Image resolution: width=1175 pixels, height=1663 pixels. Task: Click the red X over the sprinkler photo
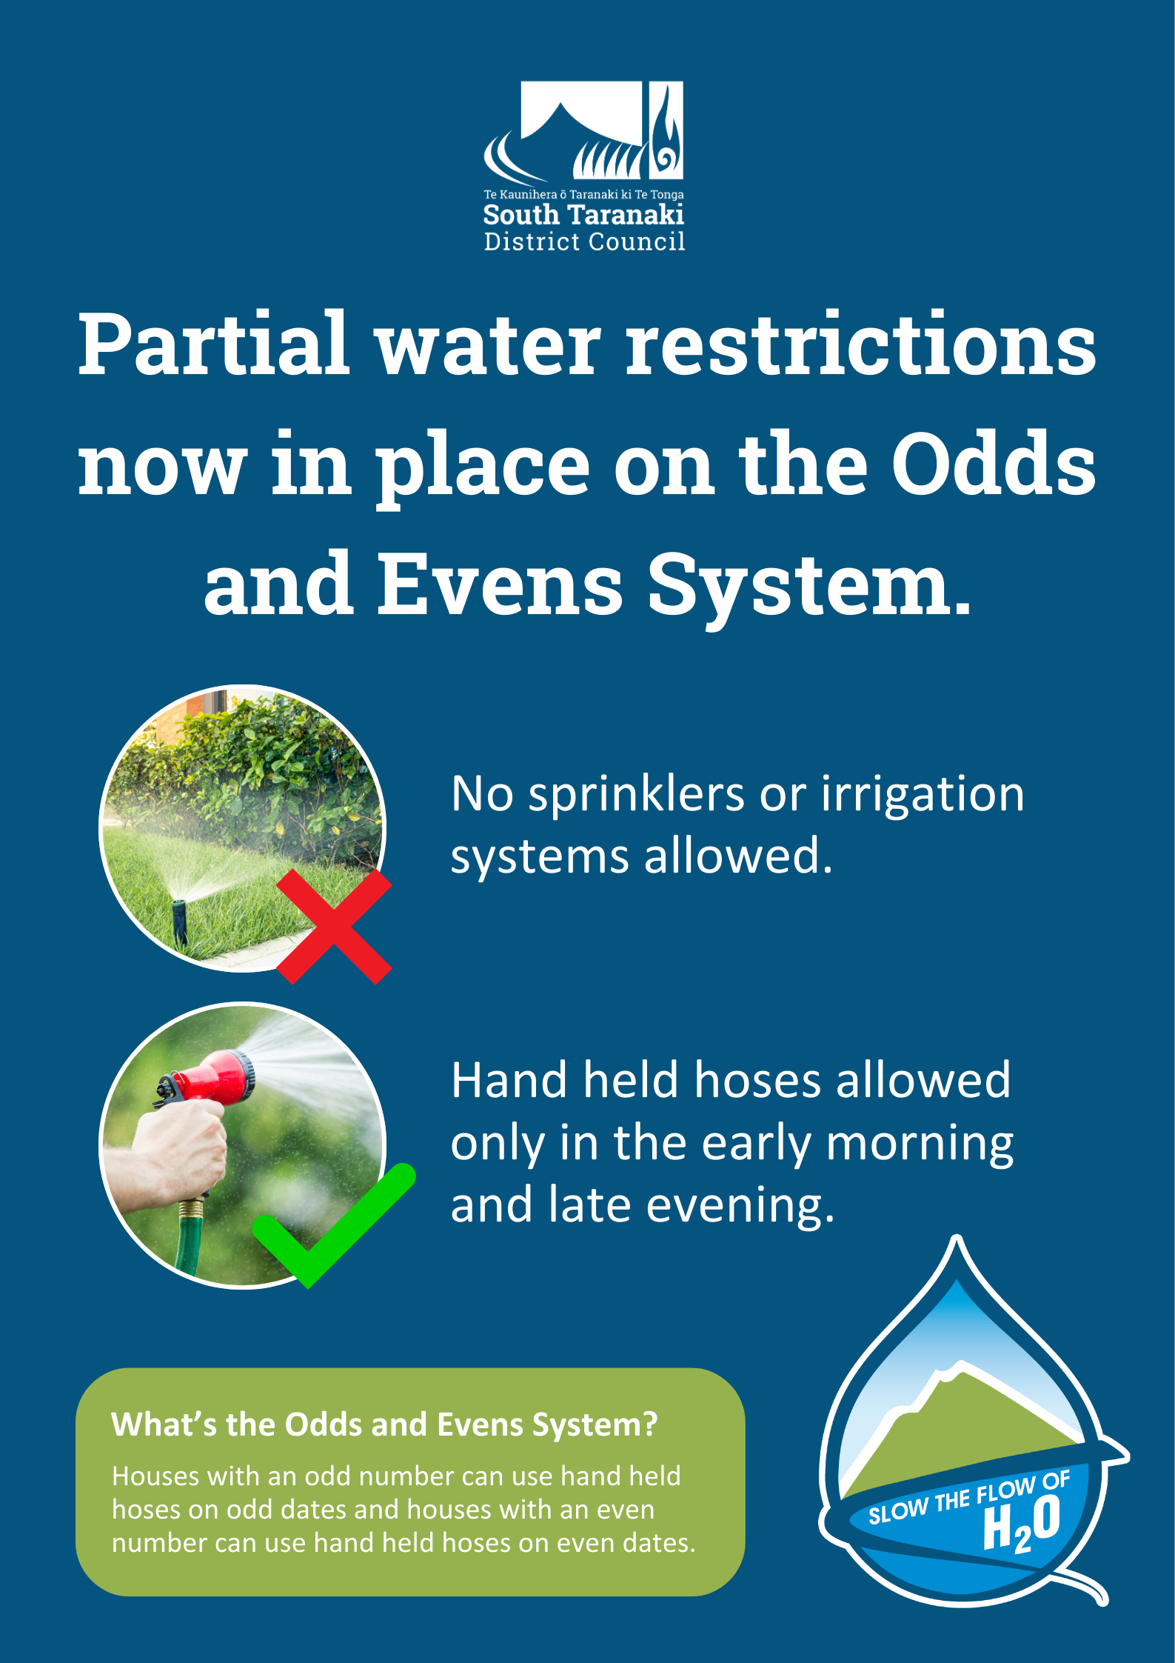coord(334,927)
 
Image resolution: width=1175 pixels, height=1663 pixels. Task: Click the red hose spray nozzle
coord(211,1078)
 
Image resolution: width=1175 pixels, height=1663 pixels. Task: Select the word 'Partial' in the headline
coord(213,344)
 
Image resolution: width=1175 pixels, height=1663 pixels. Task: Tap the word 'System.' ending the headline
coord(809,588)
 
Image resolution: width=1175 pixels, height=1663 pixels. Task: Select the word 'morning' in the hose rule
coord(920,1144)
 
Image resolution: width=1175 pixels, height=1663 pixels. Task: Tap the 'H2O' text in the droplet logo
coord(1022,1524)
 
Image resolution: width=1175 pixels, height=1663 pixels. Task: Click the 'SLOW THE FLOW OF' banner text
coord(969,1498)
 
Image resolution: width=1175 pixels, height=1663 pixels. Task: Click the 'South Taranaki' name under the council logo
coord(583,215)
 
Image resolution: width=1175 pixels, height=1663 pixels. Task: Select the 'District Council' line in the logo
coord(584,241)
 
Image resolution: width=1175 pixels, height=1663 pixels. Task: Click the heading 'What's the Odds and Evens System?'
coord(384,1424)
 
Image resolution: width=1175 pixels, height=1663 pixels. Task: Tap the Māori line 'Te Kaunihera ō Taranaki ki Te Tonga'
coord(583,195)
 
